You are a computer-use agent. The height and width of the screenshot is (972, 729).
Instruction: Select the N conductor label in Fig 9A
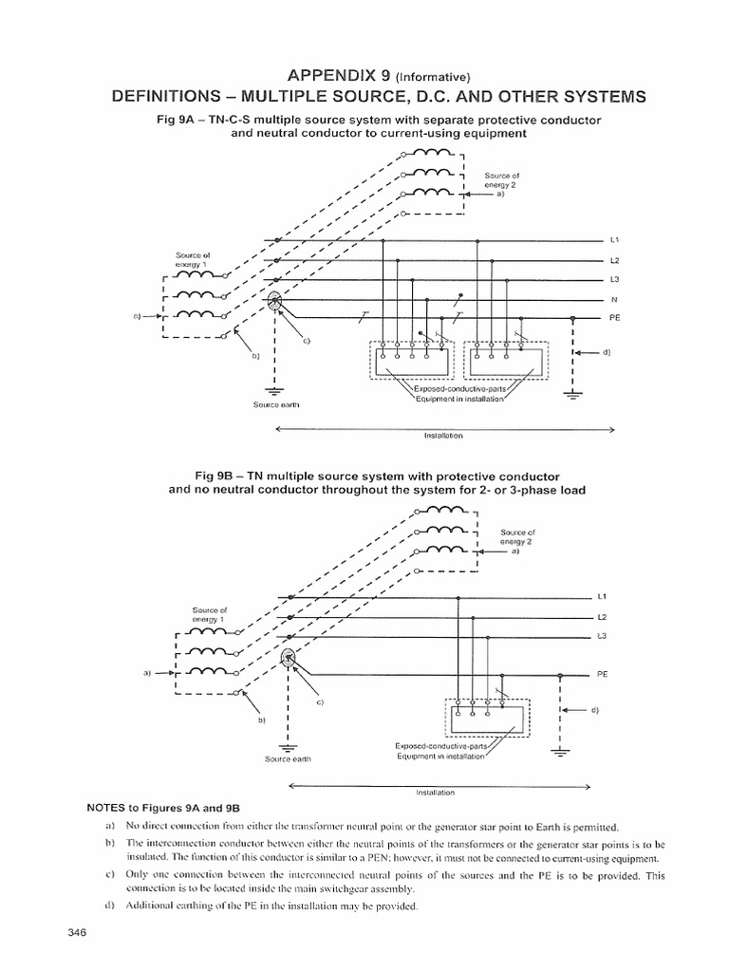tap(613, 299)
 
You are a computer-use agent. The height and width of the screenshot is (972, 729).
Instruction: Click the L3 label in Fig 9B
tap(601, 636)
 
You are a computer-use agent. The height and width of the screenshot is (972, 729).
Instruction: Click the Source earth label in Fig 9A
tap(275, 405)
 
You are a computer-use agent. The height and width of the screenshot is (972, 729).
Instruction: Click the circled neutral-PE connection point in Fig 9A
tap(275, 301)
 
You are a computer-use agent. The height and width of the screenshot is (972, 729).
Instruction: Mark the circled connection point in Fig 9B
tap(290, 660)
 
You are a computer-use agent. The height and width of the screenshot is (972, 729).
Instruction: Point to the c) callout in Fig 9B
tap(321, 702)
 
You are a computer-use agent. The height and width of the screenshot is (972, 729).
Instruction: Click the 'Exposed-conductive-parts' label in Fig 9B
tap(446, 747)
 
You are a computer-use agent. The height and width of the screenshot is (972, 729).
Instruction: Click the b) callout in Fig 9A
tap(254, 357)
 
